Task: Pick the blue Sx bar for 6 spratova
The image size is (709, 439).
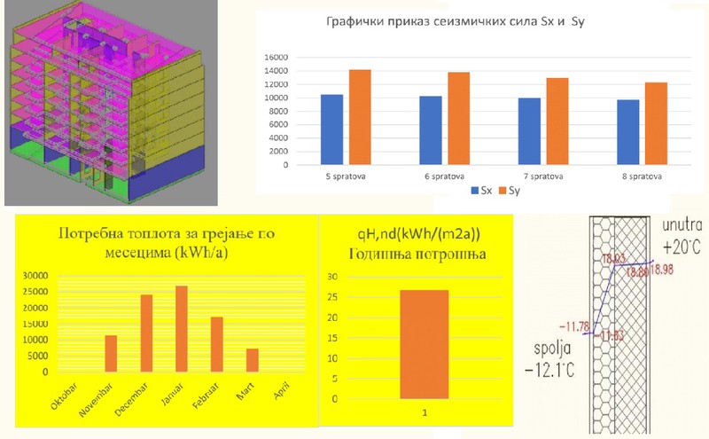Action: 431,130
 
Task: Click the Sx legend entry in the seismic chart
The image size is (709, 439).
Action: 479,190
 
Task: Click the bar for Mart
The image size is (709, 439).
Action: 252,360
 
